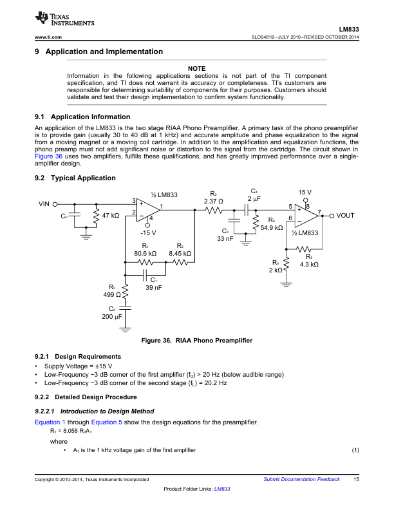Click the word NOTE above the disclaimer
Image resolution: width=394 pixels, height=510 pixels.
point(196,68)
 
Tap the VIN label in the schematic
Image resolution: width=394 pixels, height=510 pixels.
point(44,203)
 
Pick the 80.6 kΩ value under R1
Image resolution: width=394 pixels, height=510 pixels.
point(145,253)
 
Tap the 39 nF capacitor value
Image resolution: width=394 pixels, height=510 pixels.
point(153,287)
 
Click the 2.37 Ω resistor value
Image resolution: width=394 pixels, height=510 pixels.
point(213,201)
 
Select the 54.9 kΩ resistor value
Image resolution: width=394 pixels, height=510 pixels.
point(271,227)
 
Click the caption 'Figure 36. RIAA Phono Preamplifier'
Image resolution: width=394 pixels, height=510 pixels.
point(196,340)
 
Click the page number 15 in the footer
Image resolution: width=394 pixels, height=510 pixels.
point(355,480)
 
